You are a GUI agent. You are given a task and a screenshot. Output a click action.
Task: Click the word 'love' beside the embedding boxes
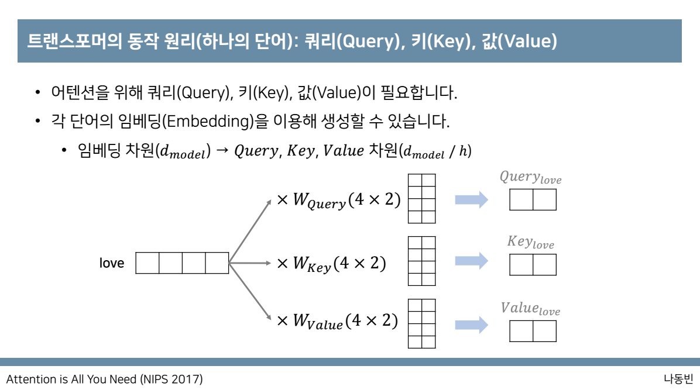click(111, 263)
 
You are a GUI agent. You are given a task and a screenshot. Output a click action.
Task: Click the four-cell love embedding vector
click(182, 263)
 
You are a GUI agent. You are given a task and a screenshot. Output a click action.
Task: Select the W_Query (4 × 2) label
click(339, 200)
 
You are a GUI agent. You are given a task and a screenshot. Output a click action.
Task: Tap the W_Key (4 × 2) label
click(331, 264)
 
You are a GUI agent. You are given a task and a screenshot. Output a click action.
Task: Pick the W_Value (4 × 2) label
click(338, 321)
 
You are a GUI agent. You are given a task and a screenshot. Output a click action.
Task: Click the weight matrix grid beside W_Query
click(421, 199)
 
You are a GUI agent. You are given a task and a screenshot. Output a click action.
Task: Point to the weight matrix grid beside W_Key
click(421, 261)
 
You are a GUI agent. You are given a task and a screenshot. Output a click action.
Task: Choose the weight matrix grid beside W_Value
click(421, 323)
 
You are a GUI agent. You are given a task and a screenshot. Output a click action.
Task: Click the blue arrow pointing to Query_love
click(472, 200)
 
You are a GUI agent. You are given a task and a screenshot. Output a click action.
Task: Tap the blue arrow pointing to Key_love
click(472, 261)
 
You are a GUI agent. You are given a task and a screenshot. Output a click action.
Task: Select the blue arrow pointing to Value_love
click(472, 325)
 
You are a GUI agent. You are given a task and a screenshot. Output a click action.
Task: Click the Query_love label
click(530, 178)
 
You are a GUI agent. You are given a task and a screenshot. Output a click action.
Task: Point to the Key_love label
click(530, 242)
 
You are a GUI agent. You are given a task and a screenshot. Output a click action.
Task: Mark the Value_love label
click(530, 309)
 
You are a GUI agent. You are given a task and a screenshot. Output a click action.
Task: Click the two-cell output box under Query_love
click(533, 200)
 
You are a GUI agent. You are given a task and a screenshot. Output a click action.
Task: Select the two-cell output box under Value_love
click(533, 332)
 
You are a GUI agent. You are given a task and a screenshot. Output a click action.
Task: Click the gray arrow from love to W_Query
click(250, 232)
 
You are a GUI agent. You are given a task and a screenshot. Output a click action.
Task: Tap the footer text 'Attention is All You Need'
click(70, 379)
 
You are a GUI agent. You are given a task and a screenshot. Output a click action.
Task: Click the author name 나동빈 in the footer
click(678, 379)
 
